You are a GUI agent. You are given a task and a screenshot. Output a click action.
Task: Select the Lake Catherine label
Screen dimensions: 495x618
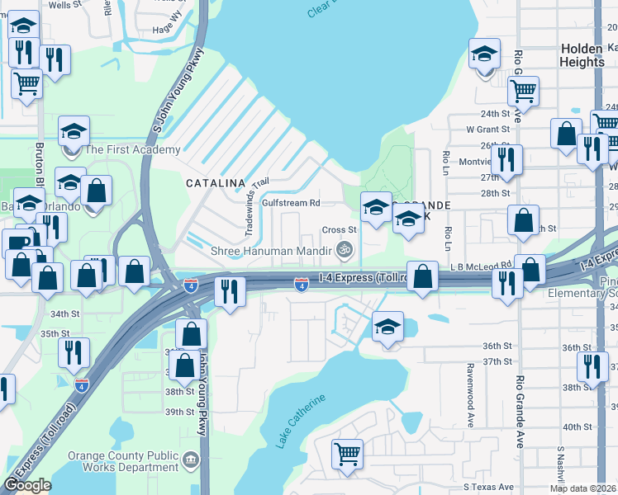coord(302,422)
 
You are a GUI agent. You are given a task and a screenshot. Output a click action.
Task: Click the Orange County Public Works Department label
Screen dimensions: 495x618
coord(123,461)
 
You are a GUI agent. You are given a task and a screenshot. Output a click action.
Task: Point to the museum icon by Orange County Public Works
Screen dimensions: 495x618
coord(191,459)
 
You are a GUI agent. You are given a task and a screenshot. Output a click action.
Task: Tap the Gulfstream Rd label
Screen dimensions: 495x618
coord(290,202)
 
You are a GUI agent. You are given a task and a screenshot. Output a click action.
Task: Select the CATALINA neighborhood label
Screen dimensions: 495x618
coord(215,182)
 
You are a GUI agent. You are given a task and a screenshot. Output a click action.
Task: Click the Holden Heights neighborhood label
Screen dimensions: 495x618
coord(582,55)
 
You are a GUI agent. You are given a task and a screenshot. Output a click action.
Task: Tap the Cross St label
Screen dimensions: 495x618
coord(338,230)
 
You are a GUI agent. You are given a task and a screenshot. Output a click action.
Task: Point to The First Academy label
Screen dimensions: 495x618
coord(132,149)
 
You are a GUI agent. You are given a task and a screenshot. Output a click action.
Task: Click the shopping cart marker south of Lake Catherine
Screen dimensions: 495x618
coord(347,453)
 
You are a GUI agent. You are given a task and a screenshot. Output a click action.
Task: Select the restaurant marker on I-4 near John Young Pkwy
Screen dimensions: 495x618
coord(228,290)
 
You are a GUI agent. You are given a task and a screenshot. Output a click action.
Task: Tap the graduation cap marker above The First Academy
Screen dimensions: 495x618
coord(74,131)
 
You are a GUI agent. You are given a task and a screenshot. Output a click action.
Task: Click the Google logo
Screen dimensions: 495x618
coord(28,485)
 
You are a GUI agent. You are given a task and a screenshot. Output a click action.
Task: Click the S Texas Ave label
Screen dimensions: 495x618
coord(488,487)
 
